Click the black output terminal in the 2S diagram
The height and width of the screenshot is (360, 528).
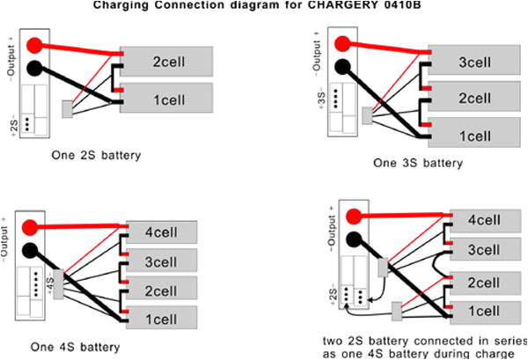34,67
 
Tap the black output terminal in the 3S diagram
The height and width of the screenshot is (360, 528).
344,67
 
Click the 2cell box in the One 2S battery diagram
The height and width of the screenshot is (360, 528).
167,62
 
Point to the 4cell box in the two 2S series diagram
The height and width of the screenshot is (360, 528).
483,220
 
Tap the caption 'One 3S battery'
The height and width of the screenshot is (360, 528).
417,162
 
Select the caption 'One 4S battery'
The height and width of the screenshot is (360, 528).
78,347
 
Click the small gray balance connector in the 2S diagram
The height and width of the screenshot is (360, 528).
67,109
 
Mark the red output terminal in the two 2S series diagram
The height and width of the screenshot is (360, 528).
354,216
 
